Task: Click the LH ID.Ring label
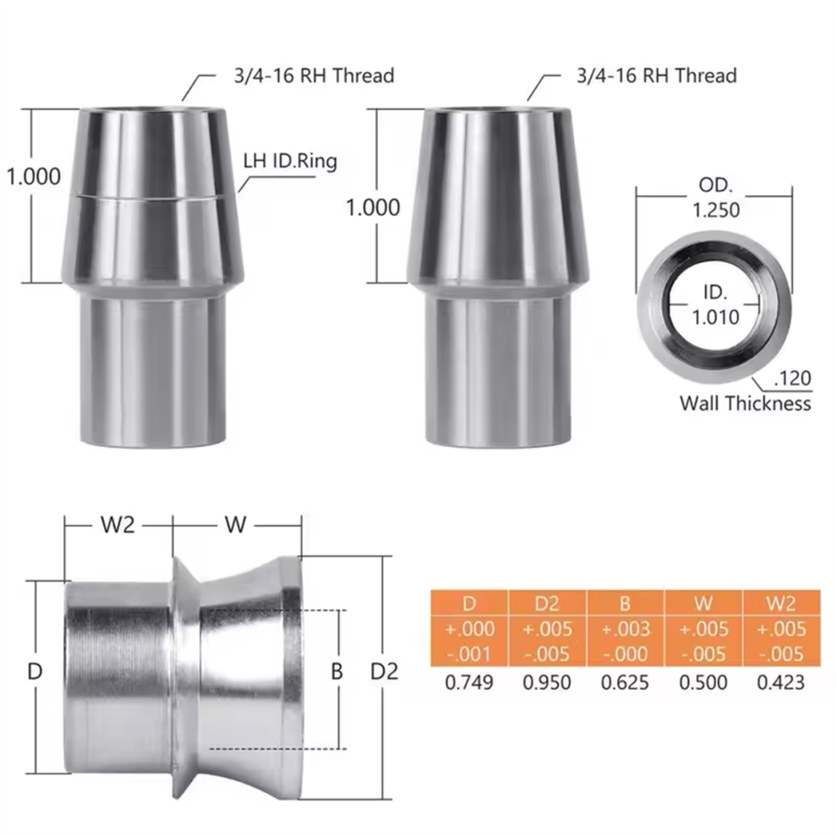(290, 161)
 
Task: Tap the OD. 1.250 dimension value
(716, 198)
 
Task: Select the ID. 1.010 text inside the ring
(716, 305)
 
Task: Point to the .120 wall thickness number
(793, 378)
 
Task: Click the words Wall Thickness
(745, 403)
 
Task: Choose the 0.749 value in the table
(469, 683)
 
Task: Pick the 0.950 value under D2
(547, 683)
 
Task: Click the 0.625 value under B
(625, 683)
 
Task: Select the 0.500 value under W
(703, 683)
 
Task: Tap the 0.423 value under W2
(781, 683)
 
